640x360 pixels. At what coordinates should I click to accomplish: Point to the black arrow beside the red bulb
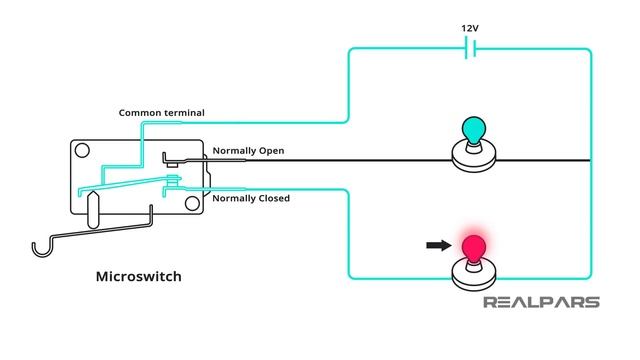coord(436,243)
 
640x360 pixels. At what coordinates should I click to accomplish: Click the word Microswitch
coord(138,276)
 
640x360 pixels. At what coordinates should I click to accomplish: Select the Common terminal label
coord(163,112)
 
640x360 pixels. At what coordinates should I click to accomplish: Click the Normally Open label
coord(248,151)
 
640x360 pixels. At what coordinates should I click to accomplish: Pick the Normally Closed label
coord(251,198)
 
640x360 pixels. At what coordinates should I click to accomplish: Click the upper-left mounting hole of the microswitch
coord(82,153)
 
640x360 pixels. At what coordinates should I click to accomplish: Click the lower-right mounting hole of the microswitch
coord(190,203)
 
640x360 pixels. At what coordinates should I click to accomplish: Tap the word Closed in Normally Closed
coord(271,198)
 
